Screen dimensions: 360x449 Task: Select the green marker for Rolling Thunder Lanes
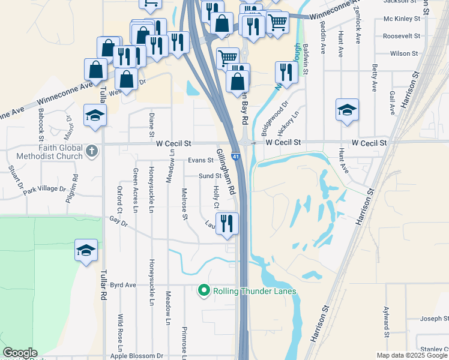(x=203, y=292)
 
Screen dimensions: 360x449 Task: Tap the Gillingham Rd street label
(x=226, y=172)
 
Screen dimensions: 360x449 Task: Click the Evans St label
(x=200, y=160)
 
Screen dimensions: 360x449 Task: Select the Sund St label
(x=210, y=176)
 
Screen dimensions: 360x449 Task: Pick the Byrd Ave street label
(x=124, y=285)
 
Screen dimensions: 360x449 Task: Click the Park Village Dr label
(x=44, y=189)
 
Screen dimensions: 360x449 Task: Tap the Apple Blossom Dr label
(x=137, y=356)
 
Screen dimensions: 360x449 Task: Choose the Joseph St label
(x=430, y=319)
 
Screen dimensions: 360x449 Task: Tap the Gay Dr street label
(x=119, y=221)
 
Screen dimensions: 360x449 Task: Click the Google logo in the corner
(x=20, y=353)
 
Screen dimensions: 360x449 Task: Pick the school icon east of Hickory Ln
(x=347, y=110)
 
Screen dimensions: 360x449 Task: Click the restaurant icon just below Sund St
(x=227, y=224)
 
